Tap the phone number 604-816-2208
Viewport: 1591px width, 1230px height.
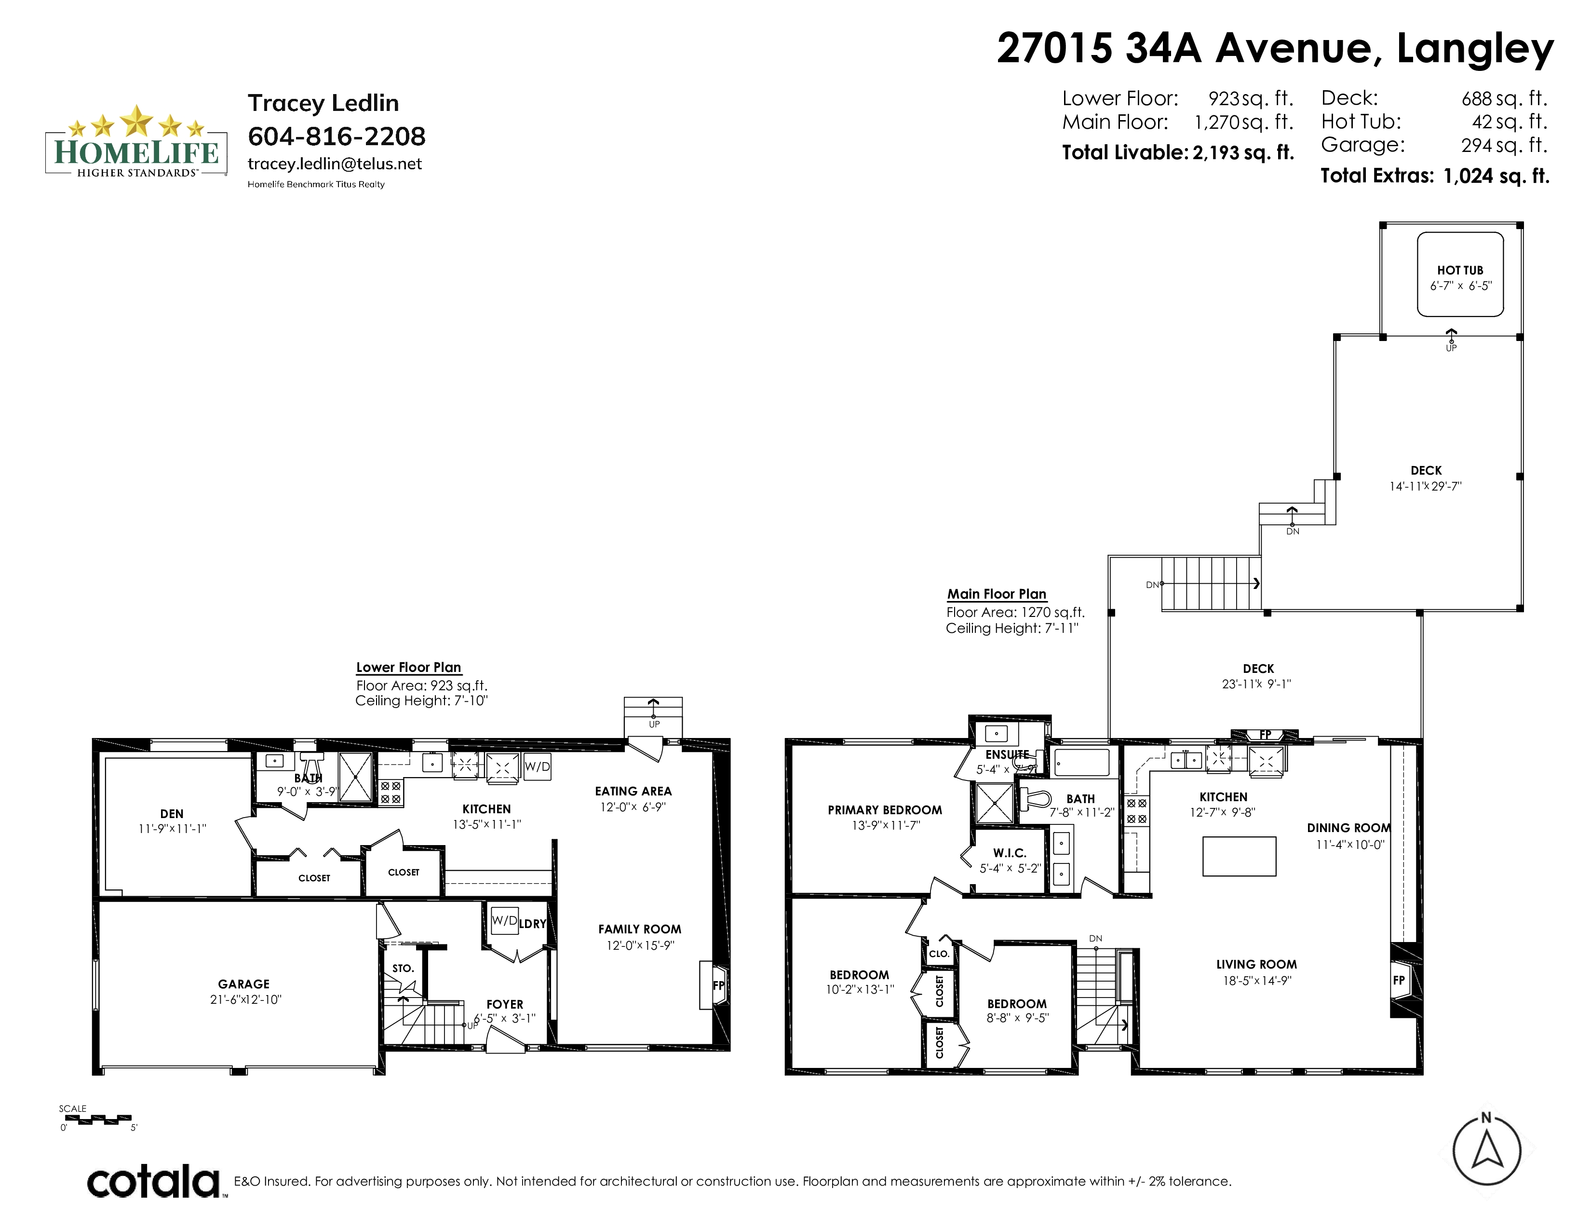pos(337,136)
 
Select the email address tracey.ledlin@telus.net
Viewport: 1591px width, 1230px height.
pos(335,164)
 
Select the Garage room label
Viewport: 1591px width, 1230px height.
pos(243,984)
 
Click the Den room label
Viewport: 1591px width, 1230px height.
pos(172,814)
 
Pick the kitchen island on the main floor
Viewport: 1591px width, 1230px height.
pos(1239,856)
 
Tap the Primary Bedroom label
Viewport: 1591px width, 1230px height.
pos(884,809)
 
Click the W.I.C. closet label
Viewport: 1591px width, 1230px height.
pos(1010,852)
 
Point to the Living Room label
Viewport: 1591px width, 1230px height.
pos(1256,964)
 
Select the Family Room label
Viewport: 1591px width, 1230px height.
pos(640,929)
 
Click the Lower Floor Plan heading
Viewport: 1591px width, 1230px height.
pos(409,668)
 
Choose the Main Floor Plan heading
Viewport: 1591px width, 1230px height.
pos(997,594)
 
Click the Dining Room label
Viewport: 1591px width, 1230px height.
pos(1348,828)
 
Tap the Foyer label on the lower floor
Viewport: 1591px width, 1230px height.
pos(505,1004)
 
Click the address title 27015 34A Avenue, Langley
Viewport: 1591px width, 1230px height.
pos(1275,48)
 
